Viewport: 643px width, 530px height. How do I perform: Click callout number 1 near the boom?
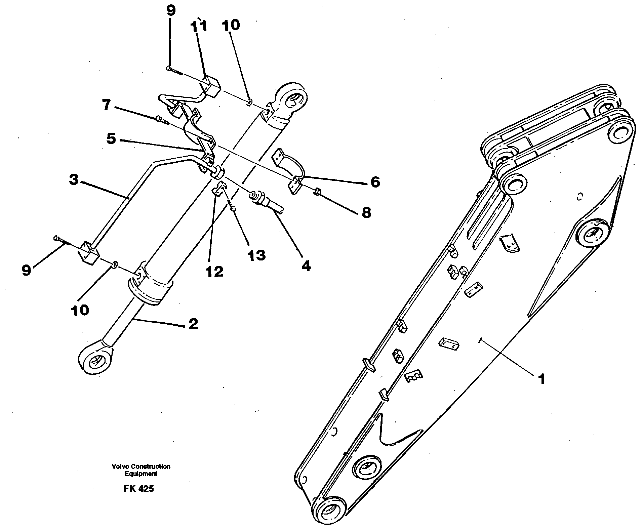tap(541, 379)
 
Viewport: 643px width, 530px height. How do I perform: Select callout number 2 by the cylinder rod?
tap(193, 324)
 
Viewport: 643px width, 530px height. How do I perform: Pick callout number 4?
tap(306, 266)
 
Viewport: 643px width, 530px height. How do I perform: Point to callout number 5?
tap(111, 138)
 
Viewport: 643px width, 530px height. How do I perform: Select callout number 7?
tap(106, 105)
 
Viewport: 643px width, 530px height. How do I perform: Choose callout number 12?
tap(214, 272)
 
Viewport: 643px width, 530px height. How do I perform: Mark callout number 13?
tap(256, 255)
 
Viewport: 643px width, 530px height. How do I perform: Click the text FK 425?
tap(138, 488)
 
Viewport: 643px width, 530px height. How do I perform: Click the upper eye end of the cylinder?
tap(292, 99)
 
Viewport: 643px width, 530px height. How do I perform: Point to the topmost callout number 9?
tap(171, 11)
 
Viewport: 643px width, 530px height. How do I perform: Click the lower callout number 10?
tap(80, 310)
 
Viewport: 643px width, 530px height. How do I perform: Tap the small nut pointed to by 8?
tap(317, 192)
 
